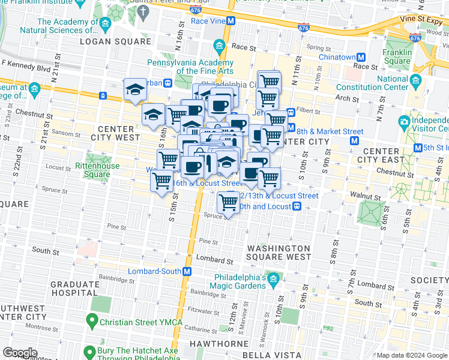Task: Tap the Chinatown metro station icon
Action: (x=361, y=57)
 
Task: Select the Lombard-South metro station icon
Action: (x=187, y=271)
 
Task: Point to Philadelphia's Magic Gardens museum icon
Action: (x=274, y=278)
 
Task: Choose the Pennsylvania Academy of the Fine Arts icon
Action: (x=219, y=46)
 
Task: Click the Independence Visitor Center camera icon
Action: (x=405, y=122)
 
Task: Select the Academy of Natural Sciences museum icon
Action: (x=106, y=25)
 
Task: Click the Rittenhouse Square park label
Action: (x=97, y=170)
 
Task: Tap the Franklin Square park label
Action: (x=397, y=56)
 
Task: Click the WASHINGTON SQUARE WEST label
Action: (x=279, y=253)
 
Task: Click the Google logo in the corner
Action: (x=20, y=352)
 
